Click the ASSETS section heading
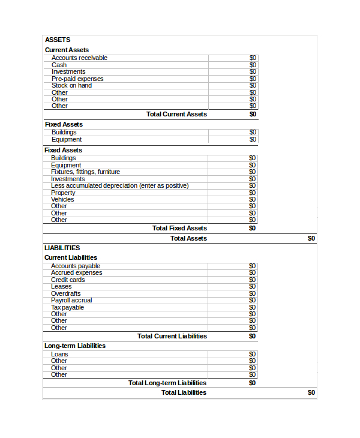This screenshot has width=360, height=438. [58, 40]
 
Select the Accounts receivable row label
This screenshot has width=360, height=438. [79, 58]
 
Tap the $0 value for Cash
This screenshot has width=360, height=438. [253, 65]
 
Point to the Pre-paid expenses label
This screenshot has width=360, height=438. [77, 79]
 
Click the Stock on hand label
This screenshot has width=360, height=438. [71, 85]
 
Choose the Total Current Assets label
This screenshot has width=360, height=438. [176, 114]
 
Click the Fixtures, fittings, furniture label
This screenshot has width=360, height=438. [85, 172]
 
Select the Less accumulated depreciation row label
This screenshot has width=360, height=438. [119, 185]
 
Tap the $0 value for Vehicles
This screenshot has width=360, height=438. [253, 199]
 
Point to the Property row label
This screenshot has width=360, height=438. [63, 193]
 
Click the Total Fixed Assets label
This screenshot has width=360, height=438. [179, 228]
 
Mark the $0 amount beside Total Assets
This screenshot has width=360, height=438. [311, 238]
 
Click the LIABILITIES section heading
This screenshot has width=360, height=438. [62, 248]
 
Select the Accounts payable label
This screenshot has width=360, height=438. [76, 266]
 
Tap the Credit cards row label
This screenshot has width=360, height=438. [68, 280]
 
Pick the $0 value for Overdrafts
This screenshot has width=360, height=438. [253, 293]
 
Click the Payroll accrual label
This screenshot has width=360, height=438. [71, 300]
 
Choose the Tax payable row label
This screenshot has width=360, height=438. [67, 307]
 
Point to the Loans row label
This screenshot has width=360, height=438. [59, 354]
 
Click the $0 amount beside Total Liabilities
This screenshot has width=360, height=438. [311, 392]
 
